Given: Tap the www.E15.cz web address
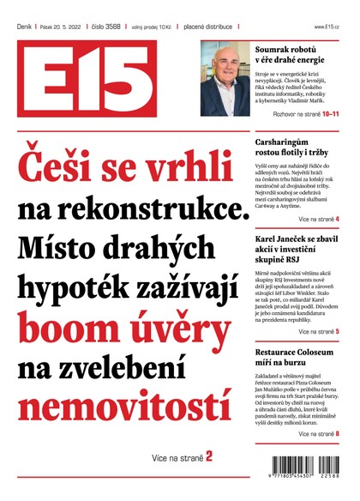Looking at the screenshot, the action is [x=327, y=27].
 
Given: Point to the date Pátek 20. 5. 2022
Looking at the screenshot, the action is [x=65, y=27].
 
